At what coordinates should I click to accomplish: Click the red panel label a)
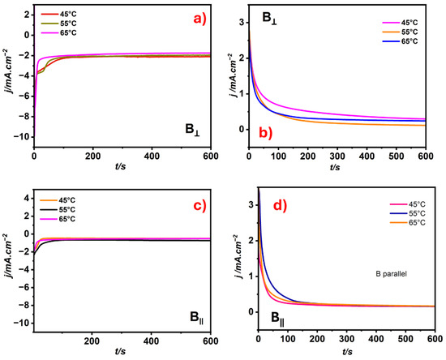[x=199, y=19]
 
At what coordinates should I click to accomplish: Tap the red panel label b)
[x=266, y=133]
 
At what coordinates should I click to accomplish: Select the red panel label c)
[x=199, y=205]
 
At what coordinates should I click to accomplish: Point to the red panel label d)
[x=281, y=206]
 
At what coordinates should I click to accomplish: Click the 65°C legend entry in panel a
[x=59, y=33]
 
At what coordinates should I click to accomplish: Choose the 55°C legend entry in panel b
[x=400, y=32]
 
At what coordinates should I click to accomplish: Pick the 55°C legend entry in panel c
[x=58, y=210]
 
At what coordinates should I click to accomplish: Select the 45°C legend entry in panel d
[x=408, y=204]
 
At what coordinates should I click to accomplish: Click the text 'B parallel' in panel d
[x=391, y=274]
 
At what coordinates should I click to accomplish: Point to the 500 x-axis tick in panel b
[x=396, y=156]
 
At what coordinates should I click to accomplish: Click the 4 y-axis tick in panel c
[x=28, y=198]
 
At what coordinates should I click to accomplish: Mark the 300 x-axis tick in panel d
[x=347, y=339]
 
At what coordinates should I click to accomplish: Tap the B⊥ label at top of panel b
[x=270, y=19]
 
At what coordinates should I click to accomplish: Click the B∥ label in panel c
[x=197, y=318]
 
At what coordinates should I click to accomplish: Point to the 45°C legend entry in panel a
[x=59, y=14]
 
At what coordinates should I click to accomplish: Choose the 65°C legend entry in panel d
[x=408, y=223]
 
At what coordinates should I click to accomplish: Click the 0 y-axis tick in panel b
[x=242, y=130]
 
